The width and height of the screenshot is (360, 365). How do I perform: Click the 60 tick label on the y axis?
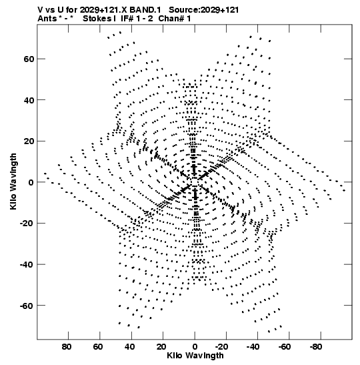(29, 59)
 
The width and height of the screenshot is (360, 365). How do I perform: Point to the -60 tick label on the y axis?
(27, 306)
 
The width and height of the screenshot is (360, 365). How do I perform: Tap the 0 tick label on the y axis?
(31, 182)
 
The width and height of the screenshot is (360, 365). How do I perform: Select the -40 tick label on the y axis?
(27, 264)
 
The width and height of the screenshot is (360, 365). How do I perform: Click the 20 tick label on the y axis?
(29, 141)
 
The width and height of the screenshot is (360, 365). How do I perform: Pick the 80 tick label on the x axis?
(67, 347)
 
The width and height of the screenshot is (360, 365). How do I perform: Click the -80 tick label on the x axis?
(316, 347)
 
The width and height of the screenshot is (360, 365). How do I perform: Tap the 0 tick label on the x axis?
(195, 347)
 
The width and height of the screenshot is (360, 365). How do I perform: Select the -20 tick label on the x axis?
(221, 347)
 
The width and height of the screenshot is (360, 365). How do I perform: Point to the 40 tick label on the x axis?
(129, 347)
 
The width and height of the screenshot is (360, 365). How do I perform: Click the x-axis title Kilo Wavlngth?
(195, 356)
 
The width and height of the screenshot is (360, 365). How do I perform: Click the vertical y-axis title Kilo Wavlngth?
(13, 181)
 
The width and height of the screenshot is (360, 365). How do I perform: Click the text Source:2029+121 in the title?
(204, 10)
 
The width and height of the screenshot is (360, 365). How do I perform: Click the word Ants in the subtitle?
(47, 19)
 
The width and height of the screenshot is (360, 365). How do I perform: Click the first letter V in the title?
(40, 10)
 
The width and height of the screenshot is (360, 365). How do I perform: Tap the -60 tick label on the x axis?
(285, 347)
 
